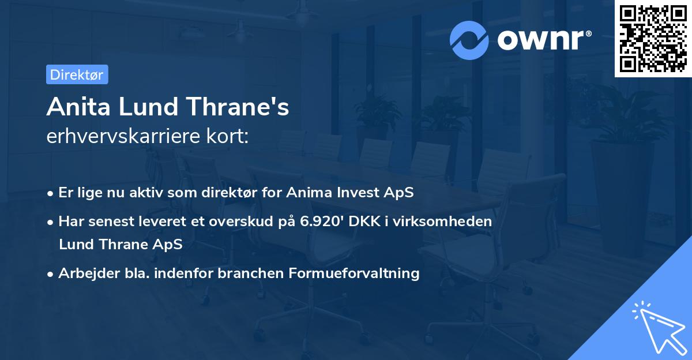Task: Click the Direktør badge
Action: [x=77, y=74]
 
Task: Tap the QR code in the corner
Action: [x=653, y=38]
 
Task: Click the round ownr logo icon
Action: [x=469, y=40]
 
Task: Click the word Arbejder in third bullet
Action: [x=84, y=273]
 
